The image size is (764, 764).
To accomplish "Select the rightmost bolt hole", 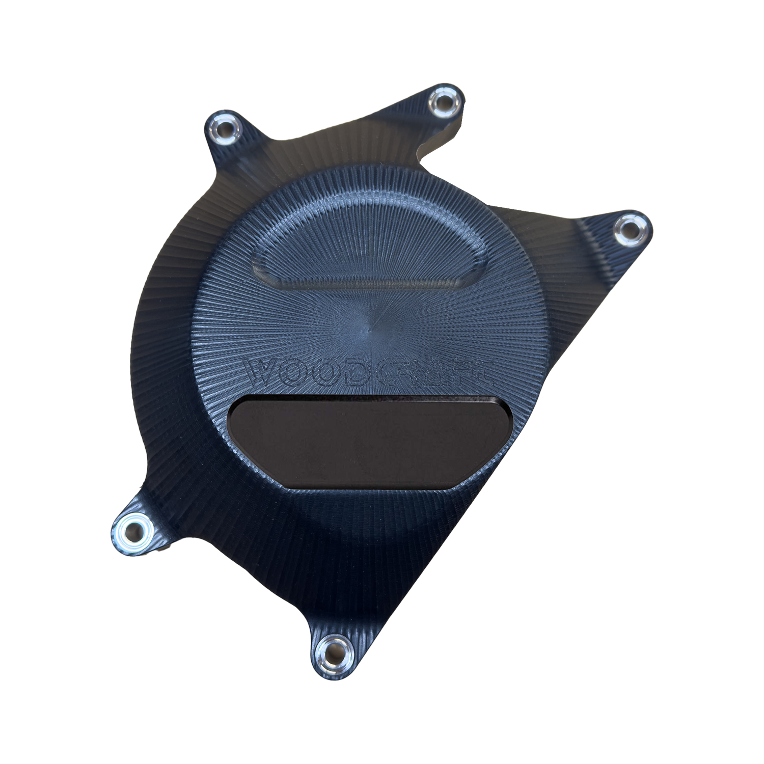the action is point(631,230).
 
